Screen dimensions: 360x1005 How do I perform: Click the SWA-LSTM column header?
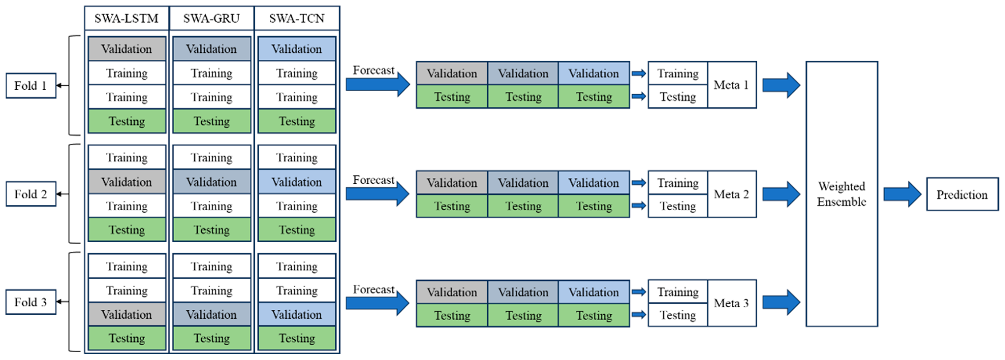pos(126,18)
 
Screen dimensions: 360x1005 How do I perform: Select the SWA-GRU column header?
pos(211,18)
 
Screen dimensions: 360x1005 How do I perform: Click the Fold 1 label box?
pos(31,85)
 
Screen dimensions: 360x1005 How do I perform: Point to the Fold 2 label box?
pos(31,194)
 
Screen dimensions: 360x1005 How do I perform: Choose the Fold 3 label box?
pos(31,302)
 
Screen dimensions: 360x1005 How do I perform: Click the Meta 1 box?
pos(731,85)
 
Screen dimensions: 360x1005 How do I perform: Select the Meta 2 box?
pos(731,194)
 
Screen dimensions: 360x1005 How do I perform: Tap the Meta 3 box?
pos(731,303)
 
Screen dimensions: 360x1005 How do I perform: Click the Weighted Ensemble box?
pos(842,194)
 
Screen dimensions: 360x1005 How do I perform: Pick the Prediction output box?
pos(962,194)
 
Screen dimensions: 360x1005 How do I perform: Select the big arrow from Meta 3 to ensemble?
pos(781,302)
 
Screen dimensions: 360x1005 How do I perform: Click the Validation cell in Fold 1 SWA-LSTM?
pos(127,49)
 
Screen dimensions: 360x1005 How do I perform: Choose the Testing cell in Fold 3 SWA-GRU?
pos(211,338)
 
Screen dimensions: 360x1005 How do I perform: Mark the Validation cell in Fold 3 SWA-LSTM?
pos(127,314)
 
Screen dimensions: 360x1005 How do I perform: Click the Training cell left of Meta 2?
pos(678,183)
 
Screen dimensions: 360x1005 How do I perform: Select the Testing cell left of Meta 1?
pos(678,96)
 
